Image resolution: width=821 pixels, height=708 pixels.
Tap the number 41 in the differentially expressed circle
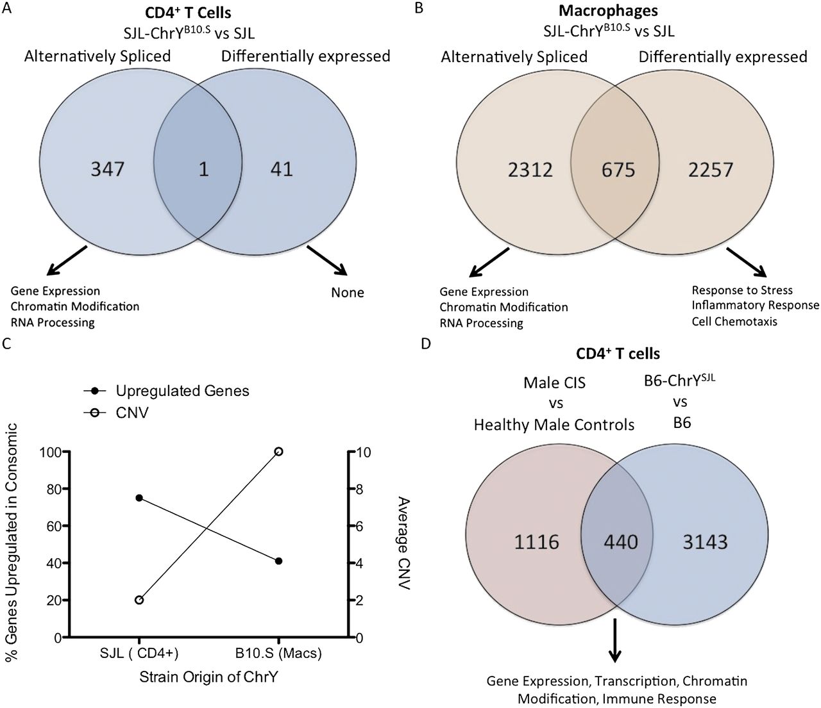(x=282, y=169)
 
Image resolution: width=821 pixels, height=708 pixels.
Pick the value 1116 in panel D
(x=536, y=542)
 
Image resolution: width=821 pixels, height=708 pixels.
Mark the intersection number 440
(x=621, y=542)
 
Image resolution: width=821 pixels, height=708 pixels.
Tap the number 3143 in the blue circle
(x=705, y=542)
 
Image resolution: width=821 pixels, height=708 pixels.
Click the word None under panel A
(x=347, y=293)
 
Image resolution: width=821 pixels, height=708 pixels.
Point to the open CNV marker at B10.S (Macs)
(x=278, y=452)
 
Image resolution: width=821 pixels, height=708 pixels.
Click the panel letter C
(x=6, y=343)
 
